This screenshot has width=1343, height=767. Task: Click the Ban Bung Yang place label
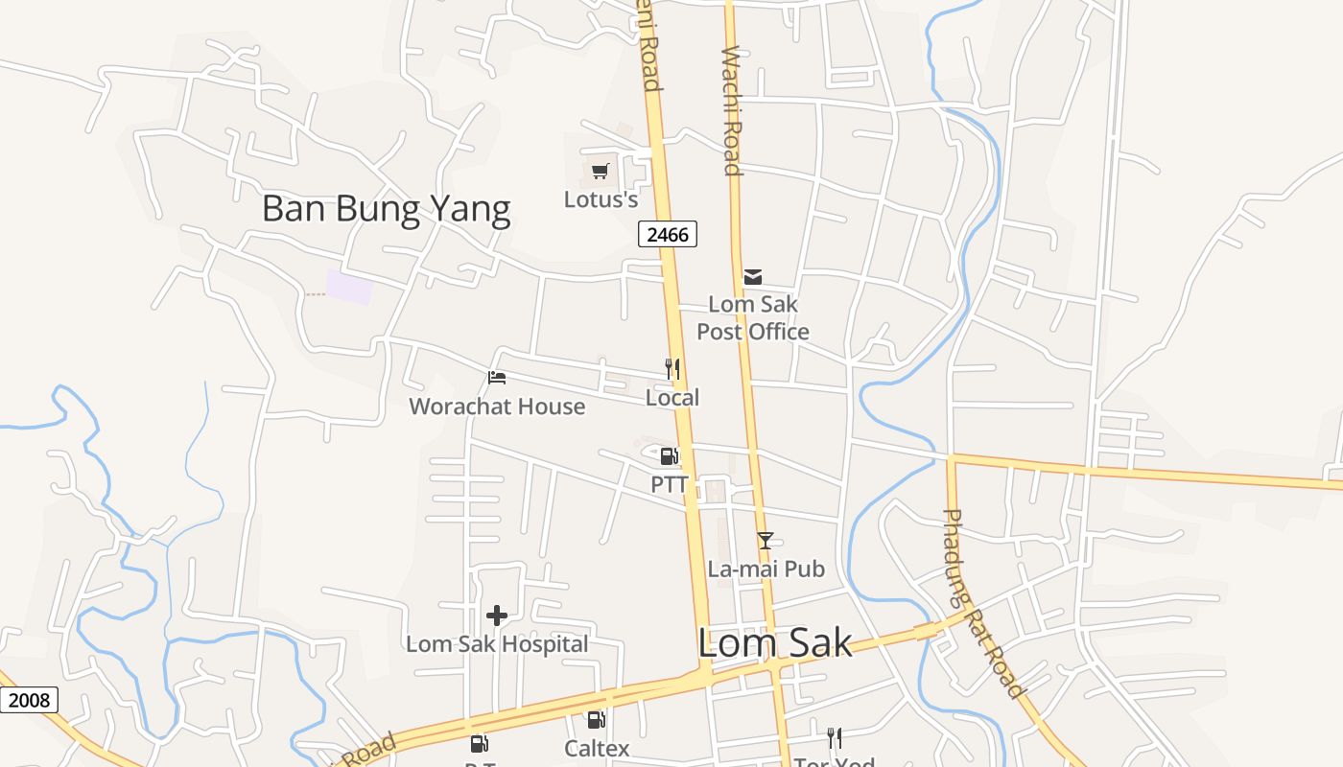(x=386, y=208)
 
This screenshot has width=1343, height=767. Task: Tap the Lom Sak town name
(x=774, y=642)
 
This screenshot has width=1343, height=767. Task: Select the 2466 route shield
(x=668, y=233)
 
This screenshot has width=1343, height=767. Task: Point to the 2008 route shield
(x=28, y=700)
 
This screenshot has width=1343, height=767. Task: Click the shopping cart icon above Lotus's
(x=601, y=172)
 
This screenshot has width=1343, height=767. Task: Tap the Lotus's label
(x=601, y=199)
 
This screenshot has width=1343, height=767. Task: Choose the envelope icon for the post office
(x=753, y=277)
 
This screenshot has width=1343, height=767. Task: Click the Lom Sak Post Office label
(x=753, y=317)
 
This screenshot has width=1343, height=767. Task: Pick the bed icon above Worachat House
(x=497, y=378)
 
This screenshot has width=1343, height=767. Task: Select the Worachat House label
(x=497, y=407)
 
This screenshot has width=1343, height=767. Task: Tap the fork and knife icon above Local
(x=672, y=369)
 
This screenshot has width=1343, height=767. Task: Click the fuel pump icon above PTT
(x=670, y=456)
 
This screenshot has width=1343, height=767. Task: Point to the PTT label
(x=670, y=484)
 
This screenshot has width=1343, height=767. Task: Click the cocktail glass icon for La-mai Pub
(x=766, y=541)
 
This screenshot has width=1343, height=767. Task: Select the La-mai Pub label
(x=766, y=569)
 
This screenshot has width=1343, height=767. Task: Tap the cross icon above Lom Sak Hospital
(x=497, y=616)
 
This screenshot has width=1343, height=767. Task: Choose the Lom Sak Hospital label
(x=497, y=643)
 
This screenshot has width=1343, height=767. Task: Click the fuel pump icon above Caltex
(x=597, y=720)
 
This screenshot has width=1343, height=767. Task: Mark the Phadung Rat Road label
(x=981, y=603)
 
